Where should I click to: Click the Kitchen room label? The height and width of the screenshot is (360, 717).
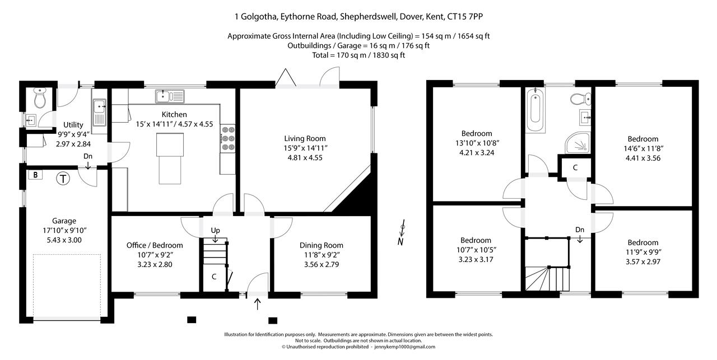click(174, 114)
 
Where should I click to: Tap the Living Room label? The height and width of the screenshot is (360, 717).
click(305, 138)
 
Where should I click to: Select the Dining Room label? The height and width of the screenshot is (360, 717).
click(322, 245)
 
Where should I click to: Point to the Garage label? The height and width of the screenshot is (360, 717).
click(64, 221)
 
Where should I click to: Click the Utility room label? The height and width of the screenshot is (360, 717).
click(73, 125)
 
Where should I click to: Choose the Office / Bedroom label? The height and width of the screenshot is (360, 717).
click(155, 245)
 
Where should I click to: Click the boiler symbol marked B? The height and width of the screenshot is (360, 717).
click(35, 175)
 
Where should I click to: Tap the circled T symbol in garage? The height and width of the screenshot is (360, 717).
click(63, 179)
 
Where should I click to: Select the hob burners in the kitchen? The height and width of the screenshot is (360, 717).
click(228, 138)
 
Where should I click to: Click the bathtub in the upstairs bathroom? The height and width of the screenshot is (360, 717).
click(535, 110)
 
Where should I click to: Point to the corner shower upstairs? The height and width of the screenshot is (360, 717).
click(578, 143)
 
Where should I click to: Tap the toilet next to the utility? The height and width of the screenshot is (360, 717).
click(40, 97)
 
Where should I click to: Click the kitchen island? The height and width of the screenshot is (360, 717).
click(170, 158)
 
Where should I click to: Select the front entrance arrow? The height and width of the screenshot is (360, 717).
click(257, 304)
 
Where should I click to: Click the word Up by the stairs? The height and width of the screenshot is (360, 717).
click(216, 230)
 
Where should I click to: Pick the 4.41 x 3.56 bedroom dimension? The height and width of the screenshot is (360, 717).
click(643, 158)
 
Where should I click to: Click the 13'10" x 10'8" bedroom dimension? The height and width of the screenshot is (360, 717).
click(477, 143)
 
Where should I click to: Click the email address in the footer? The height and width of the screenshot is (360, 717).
click(405, 347)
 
